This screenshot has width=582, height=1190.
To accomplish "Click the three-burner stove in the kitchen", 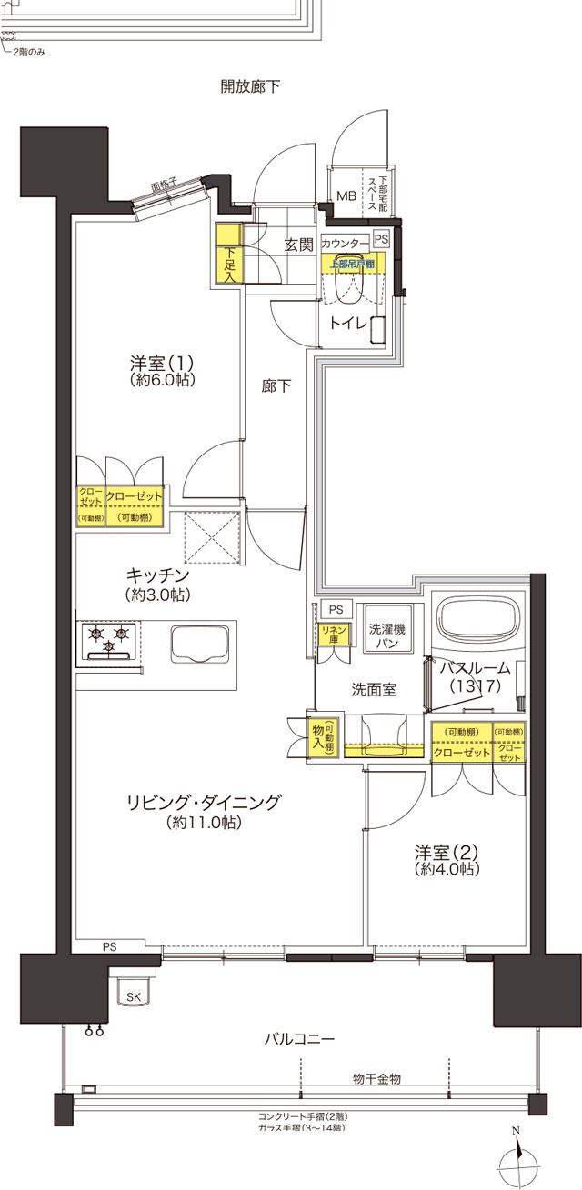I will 109,640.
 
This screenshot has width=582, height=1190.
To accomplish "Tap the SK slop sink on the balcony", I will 133,997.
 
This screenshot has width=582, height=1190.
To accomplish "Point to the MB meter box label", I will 347,195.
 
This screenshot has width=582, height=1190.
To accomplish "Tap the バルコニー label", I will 300,1038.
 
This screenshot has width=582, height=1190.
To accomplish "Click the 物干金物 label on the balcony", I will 376,1078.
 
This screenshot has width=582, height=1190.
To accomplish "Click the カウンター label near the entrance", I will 345,244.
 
